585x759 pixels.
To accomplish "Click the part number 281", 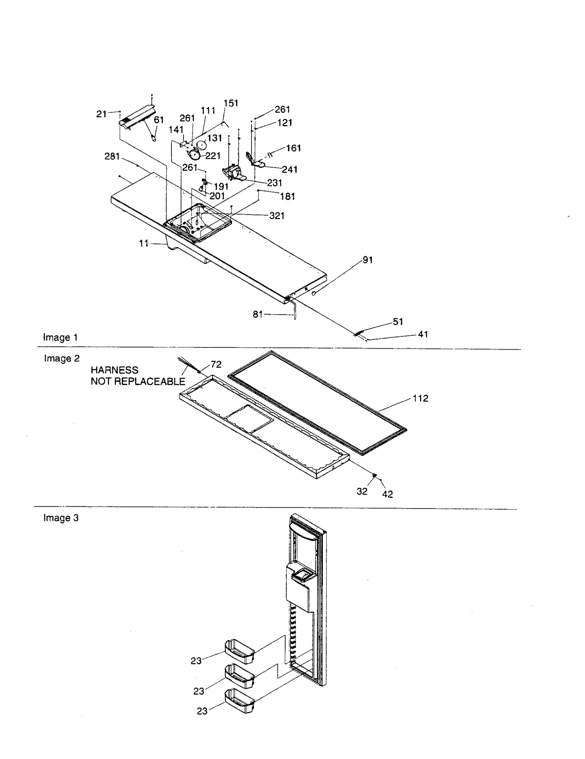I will click(112, 156).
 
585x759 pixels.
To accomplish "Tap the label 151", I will click(231, 103).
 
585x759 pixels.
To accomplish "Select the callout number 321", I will click(277, 216).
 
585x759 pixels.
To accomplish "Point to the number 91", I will click(367, 260).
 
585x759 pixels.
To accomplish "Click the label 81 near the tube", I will click(258, 314).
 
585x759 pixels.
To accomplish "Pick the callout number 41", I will click(423, 334).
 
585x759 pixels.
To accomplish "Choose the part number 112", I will click(420, 398).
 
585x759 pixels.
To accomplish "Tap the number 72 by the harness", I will click(216, 364).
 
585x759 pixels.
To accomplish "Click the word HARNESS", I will click(114, 370).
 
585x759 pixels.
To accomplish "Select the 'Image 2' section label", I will click(62, 358).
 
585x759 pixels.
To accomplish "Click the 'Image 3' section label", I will click(61, 518).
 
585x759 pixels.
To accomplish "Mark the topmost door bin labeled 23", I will click(239, 651).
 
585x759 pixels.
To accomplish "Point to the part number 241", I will click(290, 169).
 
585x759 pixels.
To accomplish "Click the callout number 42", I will click(387, 494).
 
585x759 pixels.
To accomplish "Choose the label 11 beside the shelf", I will click(144, 243).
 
